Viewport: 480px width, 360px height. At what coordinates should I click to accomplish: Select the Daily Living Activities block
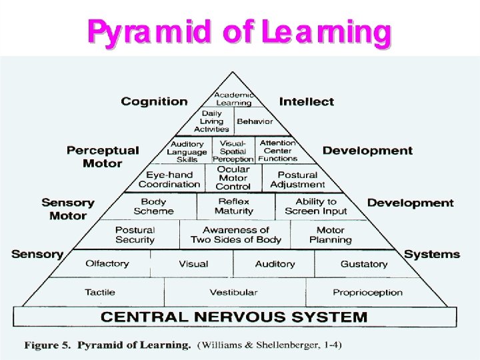coord(211,121)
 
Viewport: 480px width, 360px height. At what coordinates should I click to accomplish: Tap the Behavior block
coord(255,121)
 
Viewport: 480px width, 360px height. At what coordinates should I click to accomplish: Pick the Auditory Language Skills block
coord(187,152)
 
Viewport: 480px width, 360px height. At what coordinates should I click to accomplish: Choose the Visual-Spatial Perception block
coord(233,151)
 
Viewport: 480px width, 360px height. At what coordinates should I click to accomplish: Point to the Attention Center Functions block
coord(278,151)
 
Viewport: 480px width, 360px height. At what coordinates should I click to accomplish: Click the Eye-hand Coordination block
coord(169,179)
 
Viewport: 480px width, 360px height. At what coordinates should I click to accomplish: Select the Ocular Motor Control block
coord(233,178)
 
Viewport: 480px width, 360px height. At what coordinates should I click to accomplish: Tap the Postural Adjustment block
coord(297,179)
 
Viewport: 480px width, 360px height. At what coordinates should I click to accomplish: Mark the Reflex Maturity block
coord(233,206)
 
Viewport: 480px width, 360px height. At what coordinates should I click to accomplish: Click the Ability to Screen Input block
coord(316,206)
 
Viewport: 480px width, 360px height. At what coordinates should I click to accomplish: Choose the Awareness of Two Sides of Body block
coord(235,235)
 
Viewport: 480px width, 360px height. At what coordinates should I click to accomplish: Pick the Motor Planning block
coord(330,235)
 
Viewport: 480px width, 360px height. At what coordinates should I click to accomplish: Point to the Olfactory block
coord(107,264)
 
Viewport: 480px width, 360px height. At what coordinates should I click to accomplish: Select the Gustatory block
coord(363,264)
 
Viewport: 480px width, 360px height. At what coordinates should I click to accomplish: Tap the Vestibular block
coord(233,292)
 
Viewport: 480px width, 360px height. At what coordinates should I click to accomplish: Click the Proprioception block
coord(367,292)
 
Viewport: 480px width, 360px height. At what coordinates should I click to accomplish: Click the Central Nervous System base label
coord(234,317)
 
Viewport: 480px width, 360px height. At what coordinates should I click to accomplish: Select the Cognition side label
coord(154,101)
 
